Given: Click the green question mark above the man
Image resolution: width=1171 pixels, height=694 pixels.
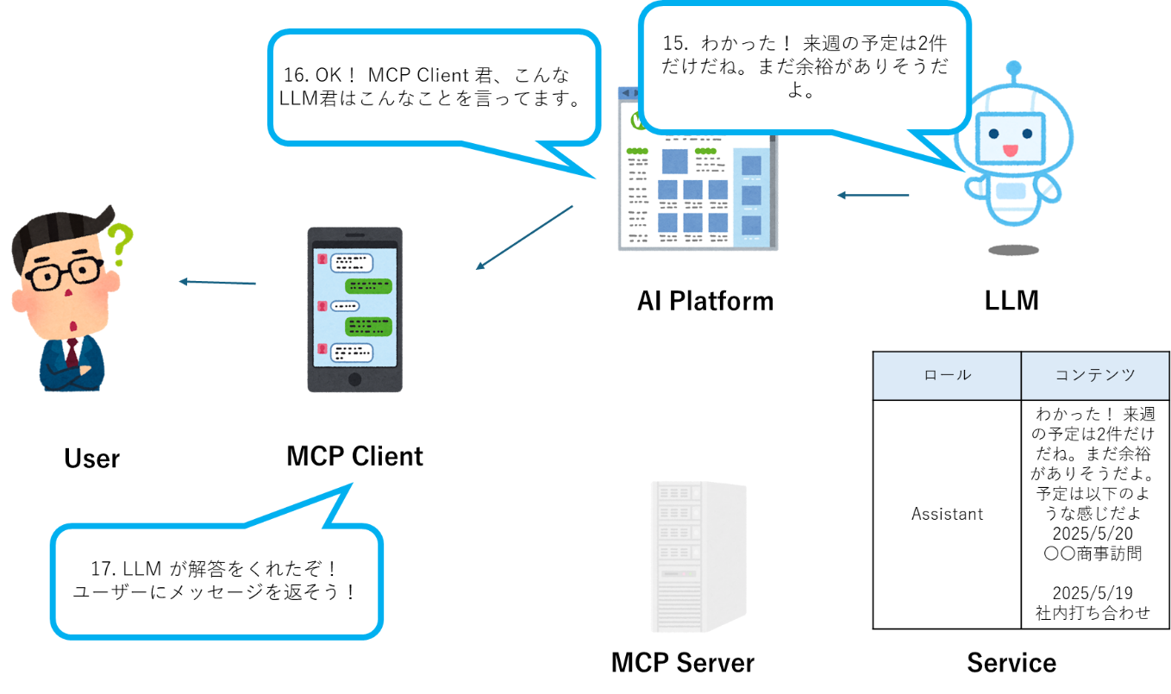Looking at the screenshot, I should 120,244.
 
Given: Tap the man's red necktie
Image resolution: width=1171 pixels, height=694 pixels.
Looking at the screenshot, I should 72,353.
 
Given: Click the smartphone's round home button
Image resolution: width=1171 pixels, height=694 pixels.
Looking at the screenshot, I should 354,379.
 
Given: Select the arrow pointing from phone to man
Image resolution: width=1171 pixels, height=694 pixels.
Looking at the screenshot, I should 217,282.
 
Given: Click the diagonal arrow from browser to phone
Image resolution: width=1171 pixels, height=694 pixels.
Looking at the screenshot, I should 524,237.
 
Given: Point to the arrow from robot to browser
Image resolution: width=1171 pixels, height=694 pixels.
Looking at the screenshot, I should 873,196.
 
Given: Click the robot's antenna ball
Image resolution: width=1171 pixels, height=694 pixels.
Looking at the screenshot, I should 1013,66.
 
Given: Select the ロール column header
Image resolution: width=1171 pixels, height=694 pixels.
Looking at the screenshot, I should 947,375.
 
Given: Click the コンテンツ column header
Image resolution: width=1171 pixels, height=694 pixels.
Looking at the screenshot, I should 1095,375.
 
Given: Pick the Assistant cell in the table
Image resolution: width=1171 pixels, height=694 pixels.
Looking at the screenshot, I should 947,514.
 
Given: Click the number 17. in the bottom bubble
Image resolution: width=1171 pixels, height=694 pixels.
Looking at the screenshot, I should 103,569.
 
